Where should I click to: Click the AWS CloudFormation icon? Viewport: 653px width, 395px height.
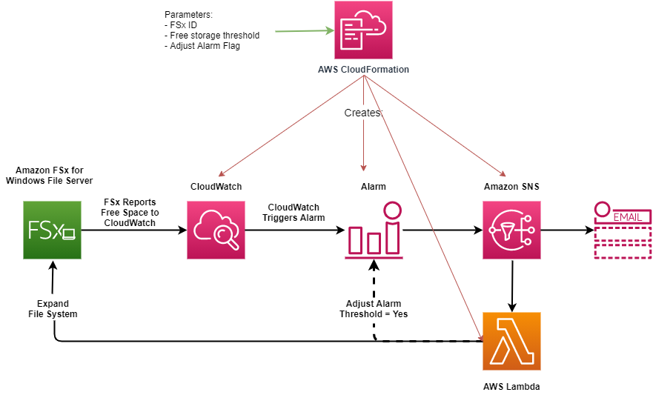(x=363, y=30)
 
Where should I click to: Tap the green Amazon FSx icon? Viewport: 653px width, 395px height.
(x=52, y=230)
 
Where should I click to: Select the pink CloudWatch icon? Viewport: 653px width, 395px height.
(x=216, y=230)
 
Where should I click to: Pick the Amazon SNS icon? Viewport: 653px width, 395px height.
(x=511, y=230)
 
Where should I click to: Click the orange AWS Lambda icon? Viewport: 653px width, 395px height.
(x=511, y=341)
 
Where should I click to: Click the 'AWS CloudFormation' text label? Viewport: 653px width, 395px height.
(x=363, y=70)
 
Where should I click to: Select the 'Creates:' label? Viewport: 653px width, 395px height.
(x=363, y=113)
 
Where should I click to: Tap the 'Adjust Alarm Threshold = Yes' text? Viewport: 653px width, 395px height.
(x=374, y=309)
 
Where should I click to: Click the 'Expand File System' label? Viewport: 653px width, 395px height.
(x=53, y=309)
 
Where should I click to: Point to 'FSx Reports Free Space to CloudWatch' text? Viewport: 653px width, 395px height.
(x=130, y=212)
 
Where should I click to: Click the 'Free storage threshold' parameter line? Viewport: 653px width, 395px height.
(x=215, y=35)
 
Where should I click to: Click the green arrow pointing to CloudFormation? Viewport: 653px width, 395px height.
(x=304, y=31)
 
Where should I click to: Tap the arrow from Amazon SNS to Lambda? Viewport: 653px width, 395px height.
(x=511, y=285)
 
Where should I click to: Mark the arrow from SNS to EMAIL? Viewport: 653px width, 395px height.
(x=567, y=230)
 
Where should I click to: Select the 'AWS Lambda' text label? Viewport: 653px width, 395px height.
(x=511, y=386)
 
